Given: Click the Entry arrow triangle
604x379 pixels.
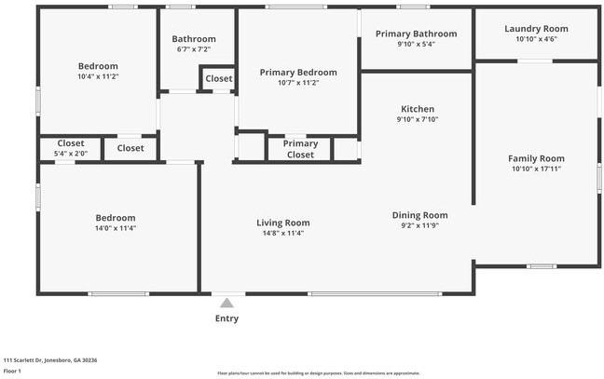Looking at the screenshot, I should [x=226, y=302].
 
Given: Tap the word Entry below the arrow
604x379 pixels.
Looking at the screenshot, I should [x=226, y=318].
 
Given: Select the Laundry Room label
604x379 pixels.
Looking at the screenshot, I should [x=536, y=29].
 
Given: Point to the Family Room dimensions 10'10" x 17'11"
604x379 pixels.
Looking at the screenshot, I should [x=536, y=169].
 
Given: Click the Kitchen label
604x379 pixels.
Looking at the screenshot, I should [x=417, y=109].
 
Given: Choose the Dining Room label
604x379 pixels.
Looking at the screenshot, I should [x=419, y=215].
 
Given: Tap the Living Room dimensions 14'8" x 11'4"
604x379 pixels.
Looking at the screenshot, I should [x=283, y=233].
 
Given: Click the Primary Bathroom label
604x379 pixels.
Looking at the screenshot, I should [x=416, y=34].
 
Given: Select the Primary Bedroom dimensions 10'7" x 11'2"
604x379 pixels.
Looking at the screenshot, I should [x=298, y=83].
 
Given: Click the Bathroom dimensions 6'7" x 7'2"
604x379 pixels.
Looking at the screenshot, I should [x=194, y=49].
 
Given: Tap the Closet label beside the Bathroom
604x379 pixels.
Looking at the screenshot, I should [x=219, y=79].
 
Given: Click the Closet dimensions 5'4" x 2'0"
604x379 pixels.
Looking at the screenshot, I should [x=71, y=154].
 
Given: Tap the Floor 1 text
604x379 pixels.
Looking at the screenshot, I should [x=12, y=371].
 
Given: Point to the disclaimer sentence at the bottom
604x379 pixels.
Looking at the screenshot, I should [x=319, y=372].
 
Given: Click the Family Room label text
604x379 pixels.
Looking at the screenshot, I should [x=536, y=158].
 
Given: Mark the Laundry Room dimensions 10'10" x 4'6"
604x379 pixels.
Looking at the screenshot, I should [x=536, y=39].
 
